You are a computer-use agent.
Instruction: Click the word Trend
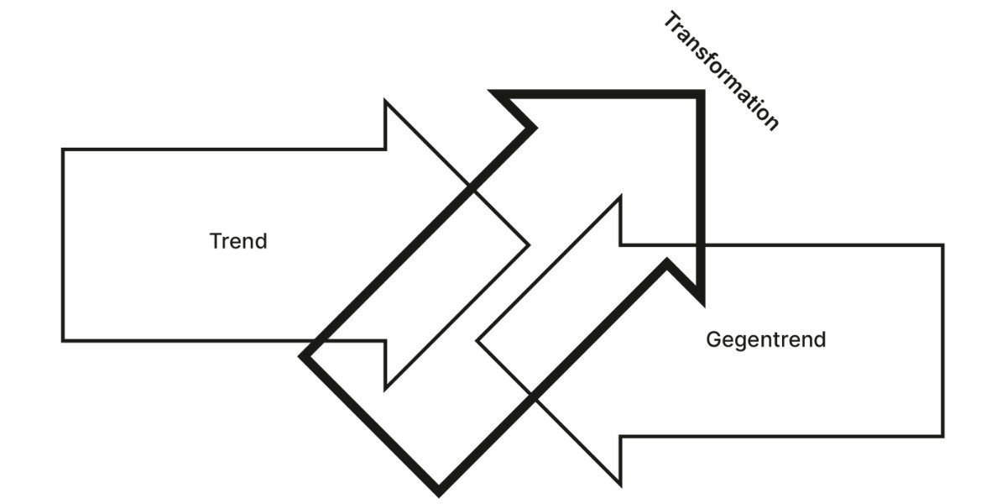click(x=238, y=242)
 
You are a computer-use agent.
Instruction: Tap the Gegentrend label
click(x=765, y=340)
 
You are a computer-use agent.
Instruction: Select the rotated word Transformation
click(x=721, y=71)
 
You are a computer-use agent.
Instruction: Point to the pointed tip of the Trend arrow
click(x=529, y=245)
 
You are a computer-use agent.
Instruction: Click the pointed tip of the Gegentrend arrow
click(x=477, y=340)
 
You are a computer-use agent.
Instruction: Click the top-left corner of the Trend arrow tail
click(x=63, y=150)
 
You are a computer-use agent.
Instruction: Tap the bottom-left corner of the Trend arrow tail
click(x=63, y=340)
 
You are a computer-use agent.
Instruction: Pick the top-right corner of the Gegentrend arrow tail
click(x=943, y=245)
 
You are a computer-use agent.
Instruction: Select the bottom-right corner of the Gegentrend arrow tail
click(x=943, y=436)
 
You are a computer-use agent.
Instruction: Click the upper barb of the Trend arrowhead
click(x=385, y=102)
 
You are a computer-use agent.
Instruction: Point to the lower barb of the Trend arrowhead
click(x=385, y=389)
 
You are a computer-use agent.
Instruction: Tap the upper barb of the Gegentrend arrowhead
click(x=620, y=197)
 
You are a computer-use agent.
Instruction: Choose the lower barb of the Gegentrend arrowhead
click(x=620, y=485)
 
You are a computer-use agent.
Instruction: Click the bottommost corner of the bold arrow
click(x=438, y=490)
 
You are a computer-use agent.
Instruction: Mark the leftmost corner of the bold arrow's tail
click(x=303, y=355)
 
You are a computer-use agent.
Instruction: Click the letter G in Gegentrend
click(x=713, y=340)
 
